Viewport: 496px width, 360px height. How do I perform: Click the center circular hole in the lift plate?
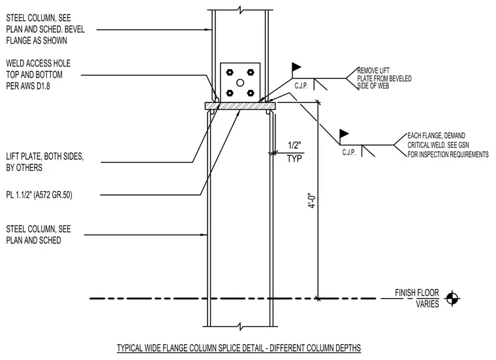coord(240,83)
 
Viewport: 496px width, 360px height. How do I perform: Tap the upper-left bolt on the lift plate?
coord(230,72)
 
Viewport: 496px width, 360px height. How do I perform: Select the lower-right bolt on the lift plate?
coord(251,93)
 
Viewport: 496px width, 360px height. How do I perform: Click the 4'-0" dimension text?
coord(312,201)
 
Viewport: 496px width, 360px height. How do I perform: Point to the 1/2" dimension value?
coord(294,145)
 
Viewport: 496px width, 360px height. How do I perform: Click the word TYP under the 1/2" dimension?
coord(294,158)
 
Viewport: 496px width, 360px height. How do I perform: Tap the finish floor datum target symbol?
coord(452,298)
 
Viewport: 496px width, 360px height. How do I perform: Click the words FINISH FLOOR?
coord(417,293)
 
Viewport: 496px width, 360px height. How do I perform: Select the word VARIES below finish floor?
coord(427,304)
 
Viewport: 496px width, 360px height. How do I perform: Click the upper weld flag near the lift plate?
coord(296,67)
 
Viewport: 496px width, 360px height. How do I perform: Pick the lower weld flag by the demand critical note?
coord(344,134)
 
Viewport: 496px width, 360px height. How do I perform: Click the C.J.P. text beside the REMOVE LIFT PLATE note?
coord(301,85)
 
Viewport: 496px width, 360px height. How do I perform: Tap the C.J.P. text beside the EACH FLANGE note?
coord(349,153)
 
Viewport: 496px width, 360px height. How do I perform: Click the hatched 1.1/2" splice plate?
coord(240,106)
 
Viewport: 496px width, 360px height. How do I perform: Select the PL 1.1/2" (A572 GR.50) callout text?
coord(39,195)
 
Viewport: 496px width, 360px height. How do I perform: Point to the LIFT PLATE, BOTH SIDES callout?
coord(45,157)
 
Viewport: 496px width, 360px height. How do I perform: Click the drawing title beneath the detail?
coord(239,348)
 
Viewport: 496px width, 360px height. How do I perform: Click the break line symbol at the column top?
coord(241,10)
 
